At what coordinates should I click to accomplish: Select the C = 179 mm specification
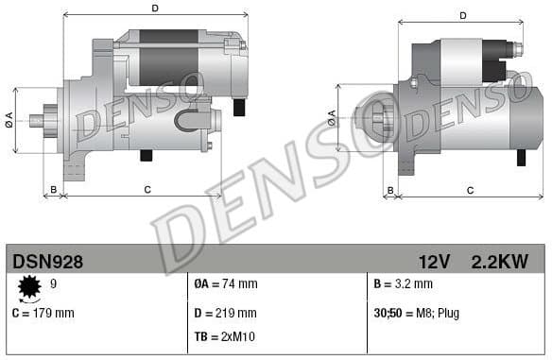coord(43,313)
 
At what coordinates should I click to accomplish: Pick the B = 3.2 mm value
coord(404,283)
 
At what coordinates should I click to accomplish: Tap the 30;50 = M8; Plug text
coord(417,313)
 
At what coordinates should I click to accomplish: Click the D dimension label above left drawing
coord(155,9)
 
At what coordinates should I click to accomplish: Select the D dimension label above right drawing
coord(463,15)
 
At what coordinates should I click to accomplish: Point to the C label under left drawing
coord(147,190)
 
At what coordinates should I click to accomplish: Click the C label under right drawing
coord(470,190)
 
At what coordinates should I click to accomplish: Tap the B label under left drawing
coord(54,190)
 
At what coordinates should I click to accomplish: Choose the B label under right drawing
coord(389,190)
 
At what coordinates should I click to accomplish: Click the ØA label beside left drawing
coord(9,119)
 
